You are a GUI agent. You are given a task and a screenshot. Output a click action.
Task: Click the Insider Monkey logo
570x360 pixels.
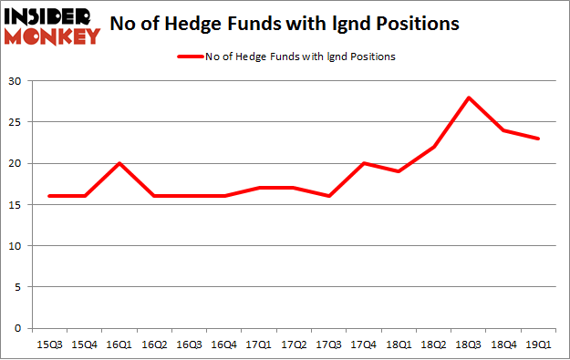pyautogui.click(x=52, y=26)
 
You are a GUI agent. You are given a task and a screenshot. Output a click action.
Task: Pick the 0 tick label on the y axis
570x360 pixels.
pyautogui.click(x=21, y=328)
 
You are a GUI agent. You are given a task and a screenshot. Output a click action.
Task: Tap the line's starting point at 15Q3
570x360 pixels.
pyautogui.click(x=49, y=196)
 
